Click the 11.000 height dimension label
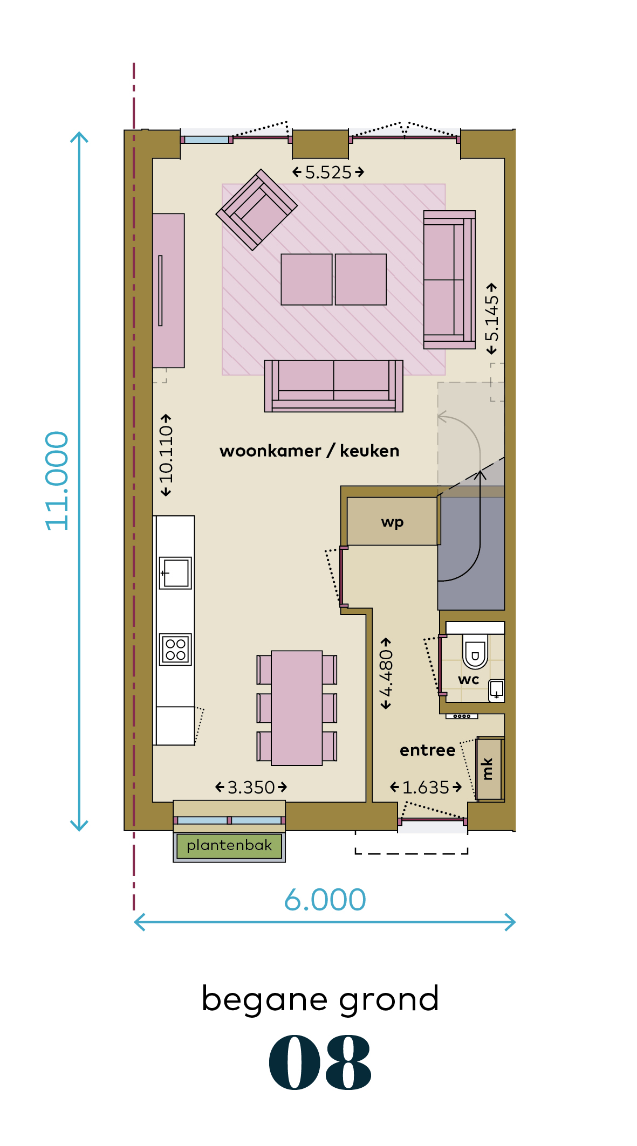pyautogui.click(x=57, y=481)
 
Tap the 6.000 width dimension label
pyautogui.click(x=325, y=900)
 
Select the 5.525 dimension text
pyautogui.click(x=328, y=172)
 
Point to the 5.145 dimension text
pyautogui.click(x=491, y=319)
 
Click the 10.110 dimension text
pyautogui.click(x=166, y=455)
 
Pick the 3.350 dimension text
pyautogui.click(x=251, y=788)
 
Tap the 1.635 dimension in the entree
pyautogui.click(x=426, y=788)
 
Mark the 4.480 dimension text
pyautogui.click(x=386, y=674)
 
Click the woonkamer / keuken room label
pyautogui.click(x=310, y=451)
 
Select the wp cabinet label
pyautogui.click(x=392, y=522)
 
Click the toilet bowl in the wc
pyautogui.click(x=475, y=651)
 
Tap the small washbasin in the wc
pyautogui.click(x=496, y=691)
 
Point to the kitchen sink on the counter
pyautogui.click(x=175, y=573)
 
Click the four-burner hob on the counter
pyautogui.click(x=176, y=650)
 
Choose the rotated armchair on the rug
pyautogui.click(x=257, y=210)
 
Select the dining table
pyautogui.click(x=297, y=708)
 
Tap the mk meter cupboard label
pyautogui.click(x=488, y=769)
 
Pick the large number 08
pyautogui.click(x=320, y=1062)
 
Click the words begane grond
pyautogui.click(x=320, y=999)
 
